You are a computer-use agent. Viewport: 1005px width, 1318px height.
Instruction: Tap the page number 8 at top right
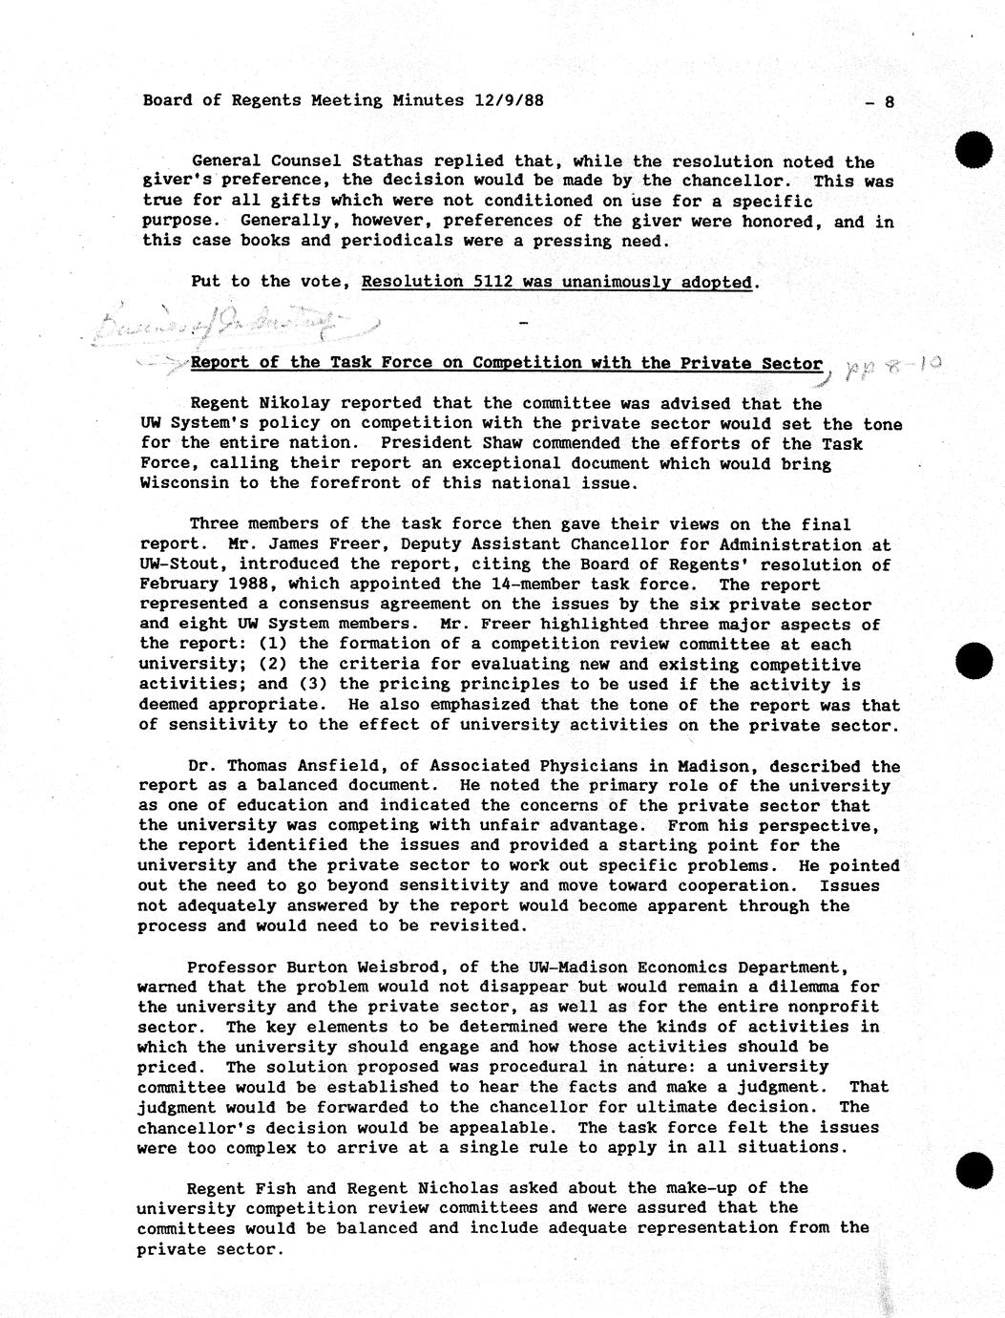coord(889,101)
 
